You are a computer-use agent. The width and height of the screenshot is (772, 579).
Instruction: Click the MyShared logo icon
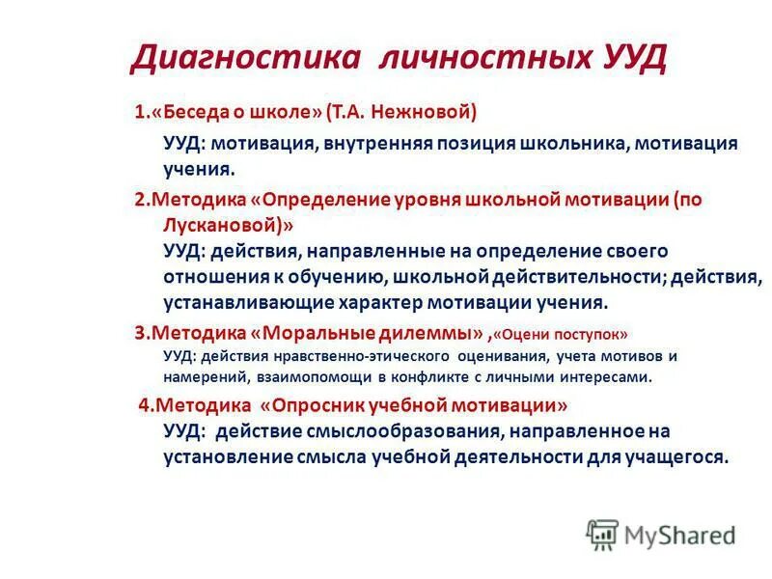pyautogui.click(x=602, y=535)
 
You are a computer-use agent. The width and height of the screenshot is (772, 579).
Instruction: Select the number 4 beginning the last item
pyautogui.click(x=143, y=404)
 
